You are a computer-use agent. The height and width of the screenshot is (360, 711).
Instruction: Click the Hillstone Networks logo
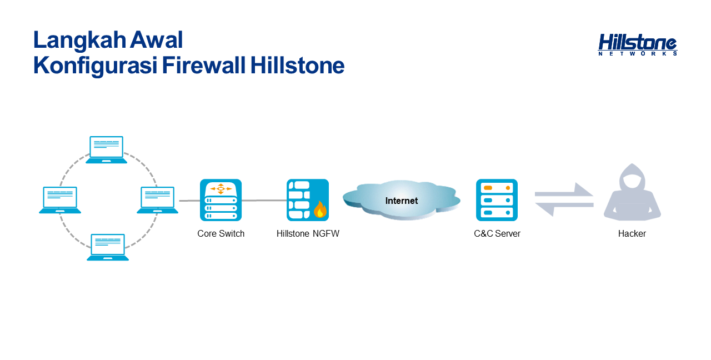point(637,45)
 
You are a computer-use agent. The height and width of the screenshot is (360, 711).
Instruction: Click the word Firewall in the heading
point(203,66)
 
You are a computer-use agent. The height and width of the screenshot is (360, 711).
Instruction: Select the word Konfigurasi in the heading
point(95,66)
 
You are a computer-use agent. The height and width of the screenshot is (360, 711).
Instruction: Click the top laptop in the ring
point(106,150)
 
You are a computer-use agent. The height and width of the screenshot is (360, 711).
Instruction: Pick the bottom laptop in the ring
point(108,247)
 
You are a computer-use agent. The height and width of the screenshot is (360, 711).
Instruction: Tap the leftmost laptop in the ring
point(60,200)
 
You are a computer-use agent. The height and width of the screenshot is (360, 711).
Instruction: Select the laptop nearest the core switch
point(157,200)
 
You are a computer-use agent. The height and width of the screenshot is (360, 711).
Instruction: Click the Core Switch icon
point(221,200)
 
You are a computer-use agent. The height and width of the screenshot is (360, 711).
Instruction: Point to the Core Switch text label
point(221,234)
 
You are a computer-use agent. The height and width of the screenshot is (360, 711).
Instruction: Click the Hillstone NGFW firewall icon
point(308,200)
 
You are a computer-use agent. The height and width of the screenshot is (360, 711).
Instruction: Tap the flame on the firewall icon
point(321,209)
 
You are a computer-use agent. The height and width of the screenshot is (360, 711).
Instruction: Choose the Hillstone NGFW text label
point(308,234)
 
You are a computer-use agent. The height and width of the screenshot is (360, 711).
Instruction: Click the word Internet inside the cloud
point(402,201)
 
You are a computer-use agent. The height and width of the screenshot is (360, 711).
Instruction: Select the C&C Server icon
point(497,200)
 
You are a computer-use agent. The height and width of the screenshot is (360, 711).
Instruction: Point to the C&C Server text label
point(497,234)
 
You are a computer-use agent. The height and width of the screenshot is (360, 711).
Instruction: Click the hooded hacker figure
point(632,192)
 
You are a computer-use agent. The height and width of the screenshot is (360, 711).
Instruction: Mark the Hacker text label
point(632,234)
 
